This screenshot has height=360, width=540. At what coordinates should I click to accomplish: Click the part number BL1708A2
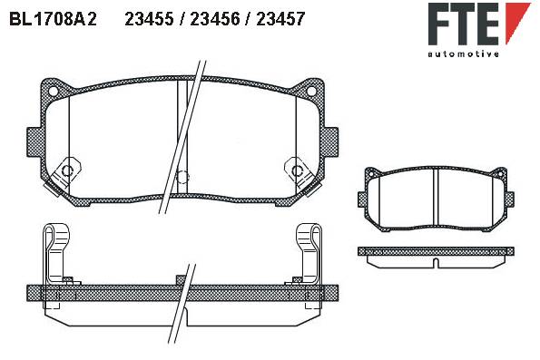pyautogui.click(x=53, y=19)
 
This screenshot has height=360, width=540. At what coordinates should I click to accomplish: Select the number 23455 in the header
pyautogui.click(x=149, y=19)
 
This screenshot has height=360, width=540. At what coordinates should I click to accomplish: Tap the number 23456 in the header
pyautogui.click(x=215, y=19)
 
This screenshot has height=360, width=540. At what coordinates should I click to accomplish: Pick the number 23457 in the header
pyautogui.click(x=280, y=19)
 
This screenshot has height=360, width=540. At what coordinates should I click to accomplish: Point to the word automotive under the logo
pyautogui.click(x=463, y=54)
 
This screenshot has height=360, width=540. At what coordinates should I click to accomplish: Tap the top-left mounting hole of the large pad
pyautogui.click(x=54, y=91)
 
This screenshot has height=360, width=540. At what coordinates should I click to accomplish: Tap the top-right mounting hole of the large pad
pyautogui.click(x=311, y=91)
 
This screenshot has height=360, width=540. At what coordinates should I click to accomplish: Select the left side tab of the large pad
pyautogui.click(x=34, y=142)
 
